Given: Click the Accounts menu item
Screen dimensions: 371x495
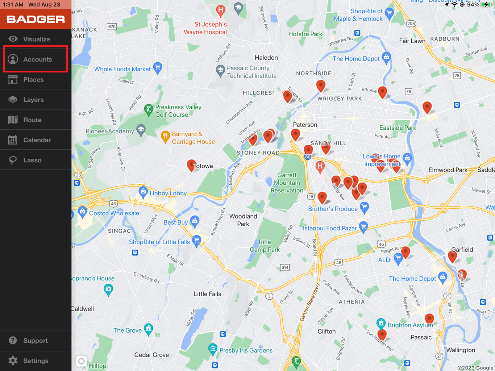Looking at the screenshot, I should [x=36, y=59].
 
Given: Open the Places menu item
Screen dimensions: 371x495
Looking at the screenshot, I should [x=33, y=79].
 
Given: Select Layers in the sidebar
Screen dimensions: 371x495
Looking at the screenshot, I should [x=33, y=100].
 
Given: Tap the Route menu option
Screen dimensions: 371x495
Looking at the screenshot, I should [x=32, y=120].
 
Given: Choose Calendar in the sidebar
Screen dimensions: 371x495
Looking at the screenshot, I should [x=37, y=140].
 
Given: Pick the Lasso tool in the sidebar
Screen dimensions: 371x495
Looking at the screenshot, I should [x=32, y=160].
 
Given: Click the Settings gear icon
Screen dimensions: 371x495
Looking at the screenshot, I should [x=13, y=360].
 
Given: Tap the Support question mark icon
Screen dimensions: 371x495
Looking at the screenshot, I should [x=13, y=341].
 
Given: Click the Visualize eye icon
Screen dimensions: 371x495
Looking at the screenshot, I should [x=13, y=39].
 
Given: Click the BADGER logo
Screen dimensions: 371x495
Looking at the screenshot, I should [x=36, y=19].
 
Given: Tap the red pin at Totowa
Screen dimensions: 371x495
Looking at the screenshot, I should [x=191, y=165].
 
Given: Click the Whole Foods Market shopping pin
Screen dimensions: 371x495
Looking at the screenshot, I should [x=158, y=67].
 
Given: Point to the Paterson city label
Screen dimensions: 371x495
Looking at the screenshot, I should [x=305, y=125].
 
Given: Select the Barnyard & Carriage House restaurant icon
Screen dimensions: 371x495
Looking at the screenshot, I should [x=165, y=137].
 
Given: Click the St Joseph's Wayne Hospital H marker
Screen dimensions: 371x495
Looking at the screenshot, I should [x=220, y=10].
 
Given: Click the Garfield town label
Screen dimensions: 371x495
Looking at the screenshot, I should [x=462, y=250].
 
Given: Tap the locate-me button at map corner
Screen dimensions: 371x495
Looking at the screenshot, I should [x=81, y=361].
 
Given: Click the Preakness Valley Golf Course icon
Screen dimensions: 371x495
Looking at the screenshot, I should [x=149, y=109].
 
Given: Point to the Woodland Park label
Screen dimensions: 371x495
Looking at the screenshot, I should [x=243, y=220].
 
